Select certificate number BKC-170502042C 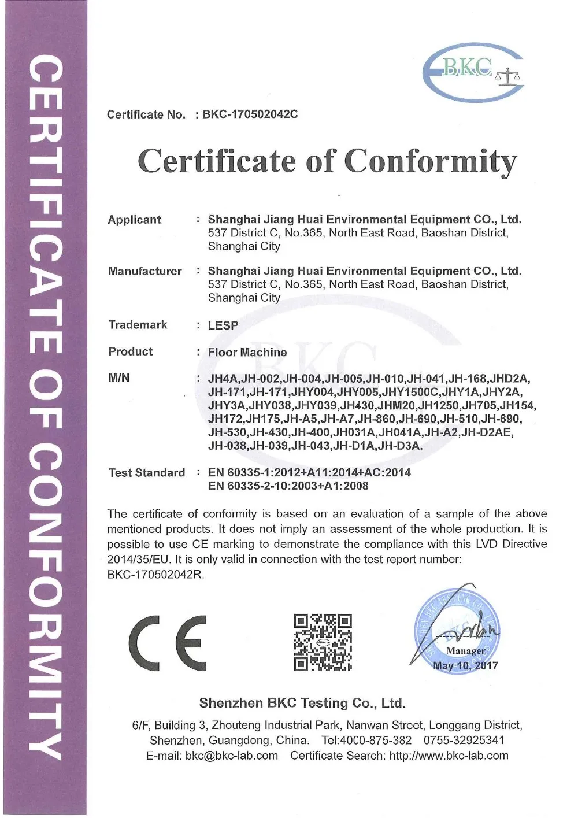(x=250, y=114)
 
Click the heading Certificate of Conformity (x=327, y=161)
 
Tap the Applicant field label (x=134, y=220)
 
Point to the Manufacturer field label (x=144, y=271)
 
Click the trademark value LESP (x=223, y=325)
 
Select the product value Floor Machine (x=247, y=352)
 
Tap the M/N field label (x=119, y=378)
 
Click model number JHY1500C (x=411, y=393)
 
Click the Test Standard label (x=147, y=473)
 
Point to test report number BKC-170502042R (x=155, y=575)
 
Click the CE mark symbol (x=168, y=642)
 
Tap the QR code (x=323, y=642)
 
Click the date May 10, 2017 (x=465, y=665)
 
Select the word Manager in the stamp (x=466, y=651)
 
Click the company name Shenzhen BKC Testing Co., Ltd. (x=302, y=703)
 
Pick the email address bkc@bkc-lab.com (x=232, y=756)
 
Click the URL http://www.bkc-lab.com (x=449, y=756)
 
